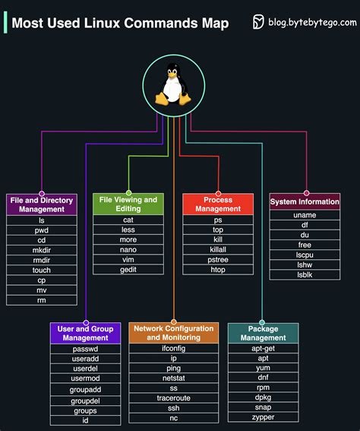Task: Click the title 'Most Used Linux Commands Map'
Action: (x=120, y=23)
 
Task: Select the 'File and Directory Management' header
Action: (x=42, y=204)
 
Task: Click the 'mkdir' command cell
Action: (x=42, y=249)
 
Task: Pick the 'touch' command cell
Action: (x=42, y=270)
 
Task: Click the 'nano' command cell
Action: (x=128, y=249)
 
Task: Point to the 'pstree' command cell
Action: (x=218, y=259)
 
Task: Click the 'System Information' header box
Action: (x=305, y=202)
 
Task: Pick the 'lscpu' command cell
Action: (x=305, y=255)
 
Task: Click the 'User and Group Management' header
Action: (x=86, y=333)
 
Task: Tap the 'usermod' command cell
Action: (x=86, y=379)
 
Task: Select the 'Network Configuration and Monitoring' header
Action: (x=174, y=333)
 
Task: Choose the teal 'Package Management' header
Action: (x=263, y=333)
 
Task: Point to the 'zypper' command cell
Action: (x=263, y=417)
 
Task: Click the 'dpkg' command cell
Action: (x=263, y=398)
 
